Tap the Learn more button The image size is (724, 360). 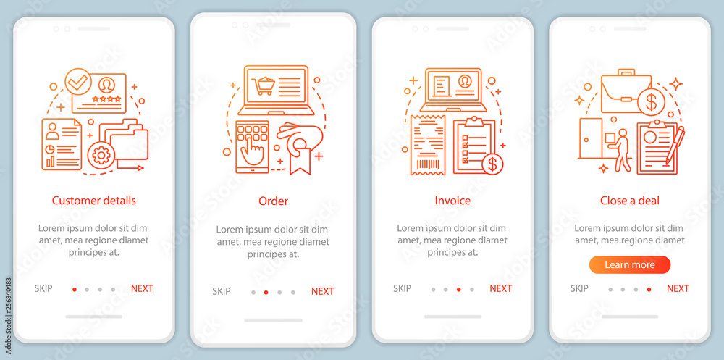coord(630,265)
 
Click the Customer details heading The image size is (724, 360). coord(93,201)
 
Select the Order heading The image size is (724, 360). coord(274,201)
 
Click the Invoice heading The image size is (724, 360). coord(452,201)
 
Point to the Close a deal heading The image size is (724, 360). coord(630,201)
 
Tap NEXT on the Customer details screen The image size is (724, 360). coord(142,288)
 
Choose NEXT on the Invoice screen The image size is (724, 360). coord(500,288)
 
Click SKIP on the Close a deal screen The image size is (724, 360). coord(579,288)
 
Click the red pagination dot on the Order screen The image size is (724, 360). coord(266,292)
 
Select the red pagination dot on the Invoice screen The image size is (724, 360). coord(458,289)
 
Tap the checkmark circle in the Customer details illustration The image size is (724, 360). coord(78,81)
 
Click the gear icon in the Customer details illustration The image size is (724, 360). coord(101,155)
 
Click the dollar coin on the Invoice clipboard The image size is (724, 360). coord(492,164)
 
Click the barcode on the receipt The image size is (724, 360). coord(428,164)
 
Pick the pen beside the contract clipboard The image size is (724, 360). coord(675,145)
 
